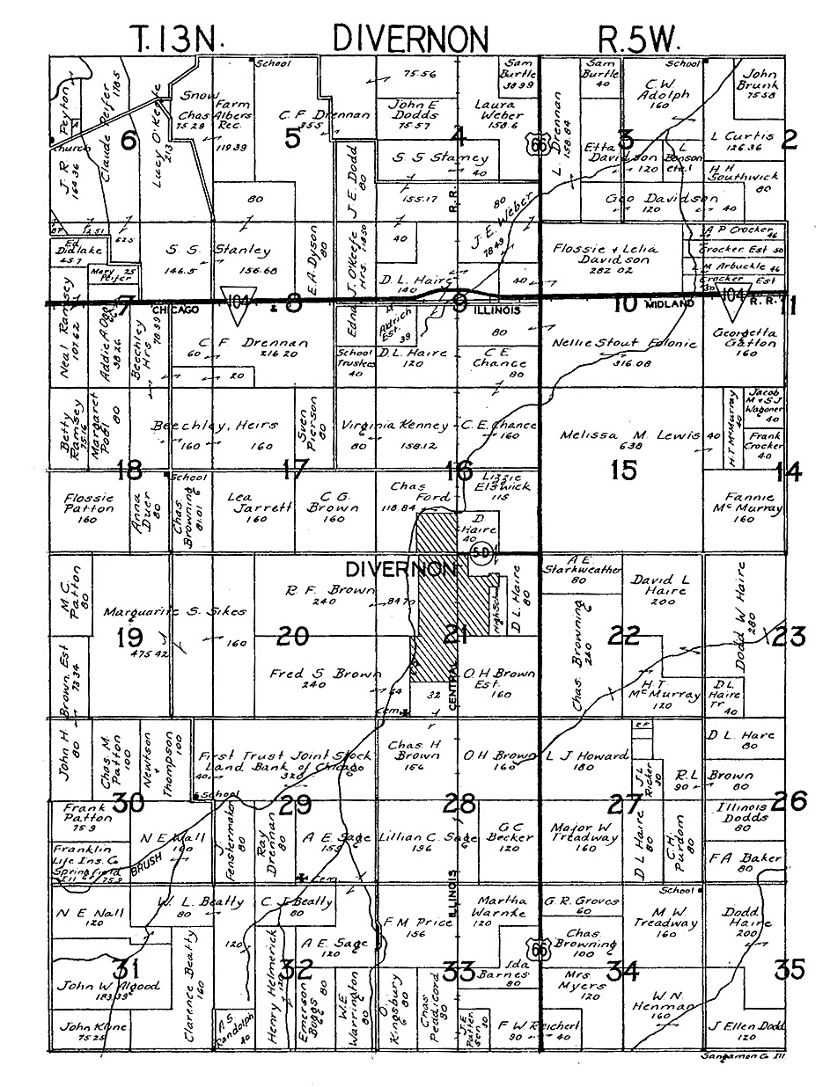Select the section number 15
point(624,471)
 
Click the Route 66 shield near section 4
point(538,145)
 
